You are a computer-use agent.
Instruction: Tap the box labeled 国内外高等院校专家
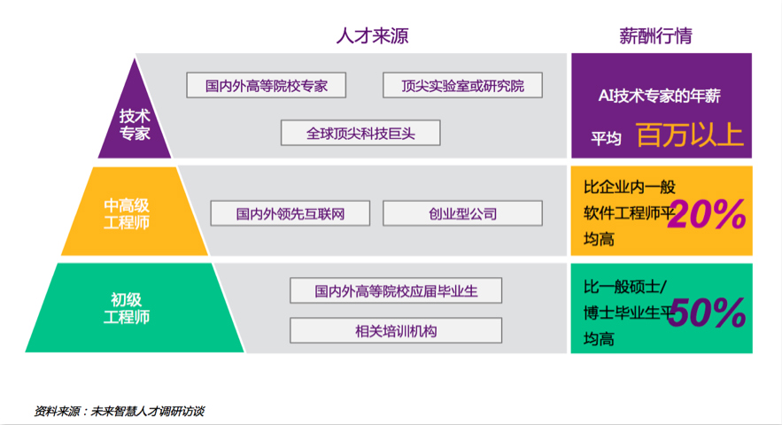pos(267,86)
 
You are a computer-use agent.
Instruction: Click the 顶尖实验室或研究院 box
pos(462,86)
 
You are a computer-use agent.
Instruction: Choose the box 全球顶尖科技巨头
pos(360,134)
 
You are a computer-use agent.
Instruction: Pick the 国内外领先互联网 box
pos(290,213)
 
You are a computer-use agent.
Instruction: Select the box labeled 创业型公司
pos(462,213)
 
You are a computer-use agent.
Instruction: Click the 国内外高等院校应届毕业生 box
pos(396,290)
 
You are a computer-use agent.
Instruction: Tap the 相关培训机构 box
pos(396,331)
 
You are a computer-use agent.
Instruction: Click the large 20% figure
pos(706,214)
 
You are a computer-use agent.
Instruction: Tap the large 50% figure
pos(706,312)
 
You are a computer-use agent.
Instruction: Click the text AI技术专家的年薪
pos(661,94)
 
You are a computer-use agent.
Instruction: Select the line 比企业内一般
pos(630,188)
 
